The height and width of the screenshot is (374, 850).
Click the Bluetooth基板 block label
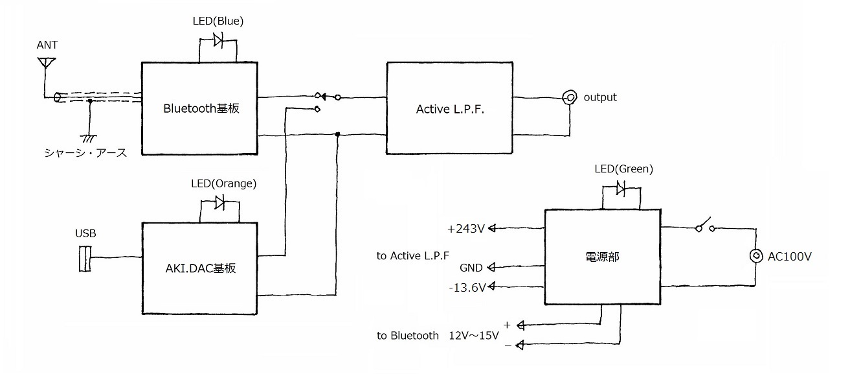(x=201, y=109)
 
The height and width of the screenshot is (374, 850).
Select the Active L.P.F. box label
(x=450, y=110)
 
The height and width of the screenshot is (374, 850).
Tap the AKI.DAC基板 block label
(x=200, y=268)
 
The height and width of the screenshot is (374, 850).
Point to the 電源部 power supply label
(x=602, y=257)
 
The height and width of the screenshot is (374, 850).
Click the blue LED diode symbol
(x=218, y=40)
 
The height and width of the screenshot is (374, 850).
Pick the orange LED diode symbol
(x=219, y=202)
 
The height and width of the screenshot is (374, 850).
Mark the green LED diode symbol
(x=621, y=188)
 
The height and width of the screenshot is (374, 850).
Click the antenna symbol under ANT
(x=47, y=63)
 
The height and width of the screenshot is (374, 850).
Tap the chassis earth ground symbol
(x=89, y=138)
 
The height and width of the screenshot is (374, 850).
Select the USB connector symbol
(x=85, y=259)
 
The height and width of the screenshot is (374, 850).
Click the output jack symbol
(x=570, y=98)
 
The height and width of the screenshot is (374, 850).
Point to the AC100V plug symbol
(x=756, y=256)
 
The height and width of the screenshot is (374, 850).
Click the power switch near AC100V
(x=705, y=225)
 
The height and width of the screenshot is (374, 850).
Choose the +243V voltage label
(x=466, y=229)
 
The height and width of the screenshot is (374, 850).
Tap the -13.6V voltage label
(x=467, y=287)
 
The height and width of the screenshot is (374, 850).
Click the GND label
(x=471, y=268)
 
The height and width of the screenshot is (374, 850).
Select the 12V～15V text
(x=474, y=336)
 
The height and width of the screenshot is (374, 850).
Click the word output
(x=600, y=97)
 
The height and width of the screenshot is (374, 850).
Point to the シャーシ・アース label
(x=85, y=153)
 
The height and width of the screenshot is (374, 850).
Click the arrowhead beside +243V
(x=492, y=228)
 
